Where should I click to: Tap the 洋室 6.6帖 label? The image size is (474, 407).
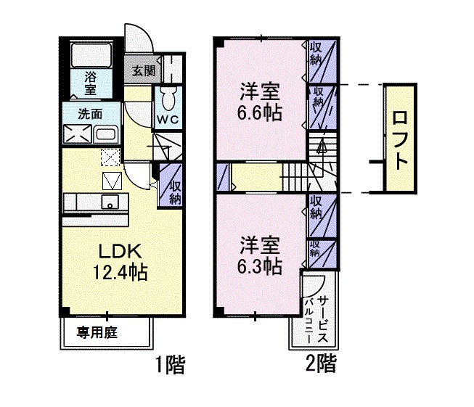(259, 103)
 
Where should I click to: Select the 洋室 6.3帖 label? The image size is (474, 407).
(259, 255)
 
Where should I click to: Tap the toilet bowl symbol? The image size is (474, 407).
(168, 96)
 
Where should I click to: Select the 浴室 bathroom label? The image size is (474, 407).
(91, 82)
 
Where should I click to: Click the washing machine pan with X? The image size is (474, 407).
(77, 134)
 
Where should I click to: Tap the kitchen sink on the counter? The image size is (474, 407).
(110, 202)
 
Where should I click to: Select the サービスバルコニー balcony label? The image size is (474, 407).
(315, 320)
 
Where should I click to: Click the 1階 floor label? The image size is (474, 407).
(171, 363)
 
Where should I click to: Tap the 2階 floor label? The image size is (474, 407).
(320, 363)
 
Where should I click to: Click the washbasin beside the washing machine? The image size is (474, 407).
(106, 134)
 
